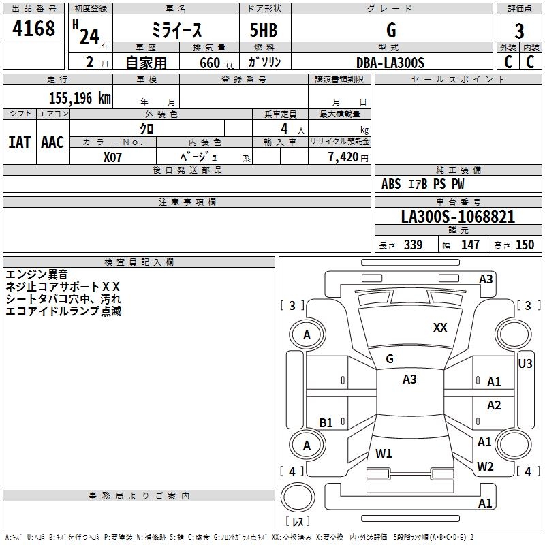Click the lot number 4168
pos(34,29)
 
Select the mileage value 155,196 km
pos(80,97)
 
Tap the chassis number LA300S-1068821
pos(458,217)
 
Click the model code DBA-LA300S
pos(390,63)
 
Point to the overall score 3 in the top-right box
pos(519,31)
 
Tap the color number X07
pos(113,157)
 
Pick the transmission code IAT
pos(19,142)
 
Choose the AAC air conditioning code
pos(52,142)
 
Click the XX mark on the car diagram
pos(440,328)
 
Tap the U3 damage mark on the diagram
pos(525,364)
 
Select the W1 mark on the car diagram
pos(384,453)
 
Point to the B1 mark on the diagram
pos(326,423)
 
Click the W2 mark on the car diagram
pos(484,467)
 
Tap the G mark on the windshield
pos(390,359)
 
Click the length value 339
pos(413,245)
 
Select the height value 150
pos(525,245)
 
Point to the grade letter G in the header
pos(390,31)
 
